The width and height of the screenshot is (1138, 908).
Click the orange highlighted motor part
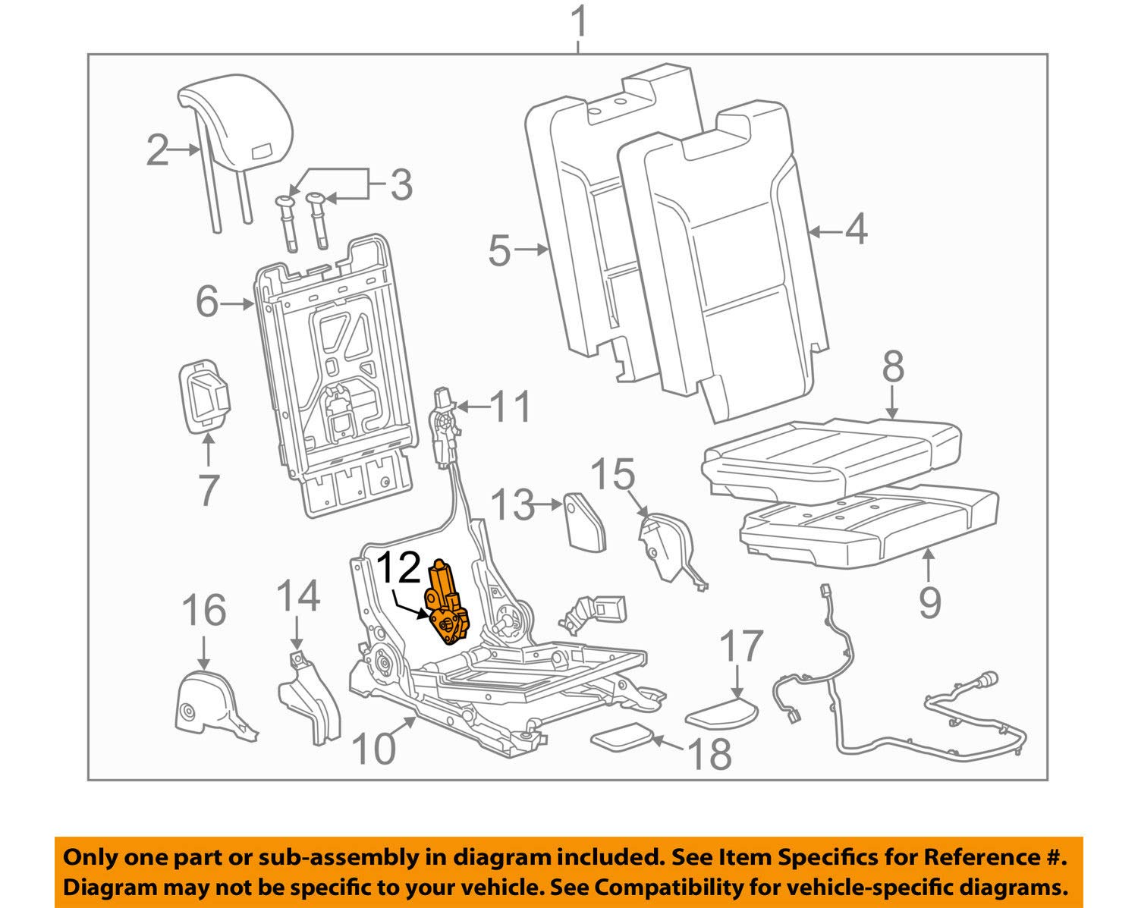point(448,608)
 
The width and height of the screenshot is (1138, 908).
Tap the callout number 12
point(398,567)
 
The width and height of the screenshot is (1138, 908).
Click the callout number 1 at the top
point(579,23)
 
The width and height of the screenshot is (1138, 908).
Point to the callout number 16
point(204,610)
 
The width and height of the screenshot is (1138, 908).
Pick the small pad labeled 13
point(586,520)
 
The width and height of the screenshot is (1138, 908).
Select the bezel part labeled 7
point(203,395)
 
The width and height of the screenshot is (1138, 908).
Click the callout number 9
point(930,601)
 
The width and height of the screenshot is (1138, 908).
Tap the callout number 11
point(510,407)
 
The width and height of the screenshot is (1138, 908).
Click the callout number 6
point(207,303)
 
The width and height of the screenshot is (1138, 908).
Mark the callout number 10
point(374,749)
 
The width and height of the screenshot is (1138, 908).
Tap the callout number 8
point(893,368)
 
